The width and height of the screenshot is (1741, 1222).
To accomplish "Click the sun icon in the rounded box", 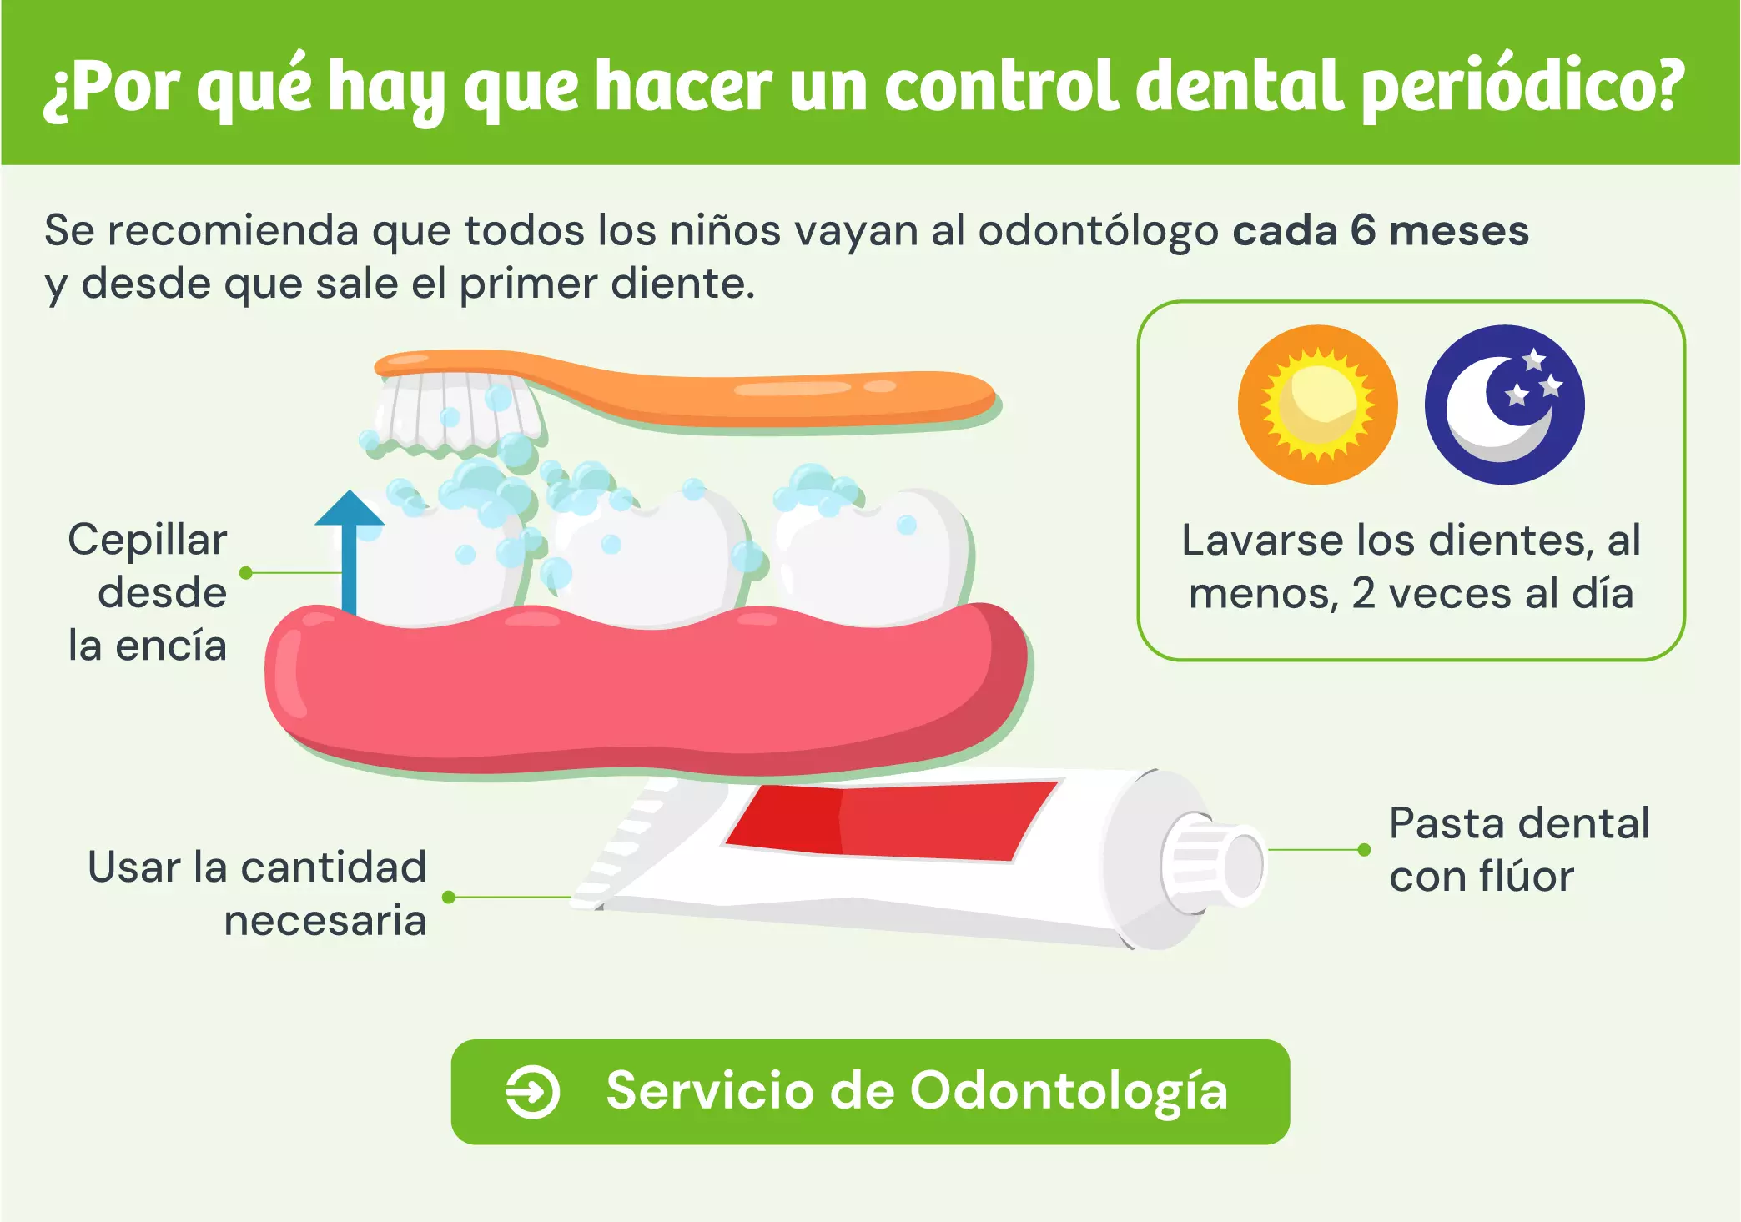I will click(1317, 405).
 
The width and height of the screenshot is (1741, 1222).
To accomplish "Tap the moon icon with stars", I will click(1504, 405).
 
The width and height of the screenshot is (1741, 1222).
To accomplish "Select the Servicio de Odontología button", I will click(870, 1091).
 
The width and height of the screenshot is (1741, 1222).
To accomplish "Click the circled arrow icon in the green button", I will click(532, 1091).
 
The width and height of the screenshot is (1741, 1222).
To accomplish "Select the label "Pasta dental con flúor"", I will click(1518, 849).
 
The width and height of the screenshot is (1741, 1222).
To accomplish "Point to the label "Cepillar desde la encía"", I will click(148, 592).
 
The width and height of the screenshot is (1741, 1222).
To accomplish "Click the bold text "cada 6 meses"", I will click(1381, 230).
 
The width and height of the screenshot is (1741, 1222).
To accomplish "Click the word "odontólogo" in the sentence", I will click(1099, 230).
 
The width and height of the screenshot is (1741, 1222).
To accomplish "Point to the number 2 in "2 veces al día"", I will click(1363, 593).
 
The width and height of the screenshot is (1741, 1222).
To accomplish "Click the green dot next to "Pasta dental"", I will click(1364, 850).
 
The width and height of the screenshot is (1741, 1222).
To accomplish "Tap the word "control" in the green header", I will click(1001, 87).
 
